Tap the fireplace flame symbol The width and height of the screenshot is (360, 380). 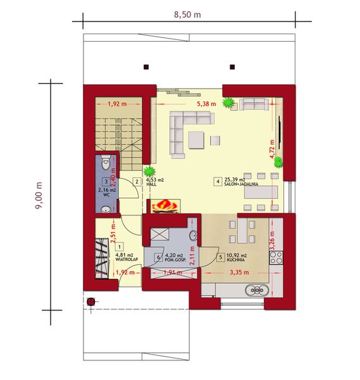[x=165, y=205]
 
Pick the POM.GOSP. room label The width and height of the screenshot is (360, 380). [x=175, y=260]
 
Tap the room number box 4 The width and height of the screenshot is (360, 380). [x=218, y=182]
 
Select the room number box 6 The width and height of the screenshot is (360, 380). [x=158, y=257]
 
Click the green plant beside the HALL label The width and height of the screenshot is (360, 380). [x=150, y=170]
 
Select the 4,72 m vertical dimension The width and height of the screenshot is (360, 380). [x=271, y=151]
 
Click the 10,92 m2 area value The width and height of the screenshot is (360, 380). [x=237, y=255]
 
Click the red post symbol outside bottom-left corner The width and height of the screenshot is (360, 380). [x=91, y=301]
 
